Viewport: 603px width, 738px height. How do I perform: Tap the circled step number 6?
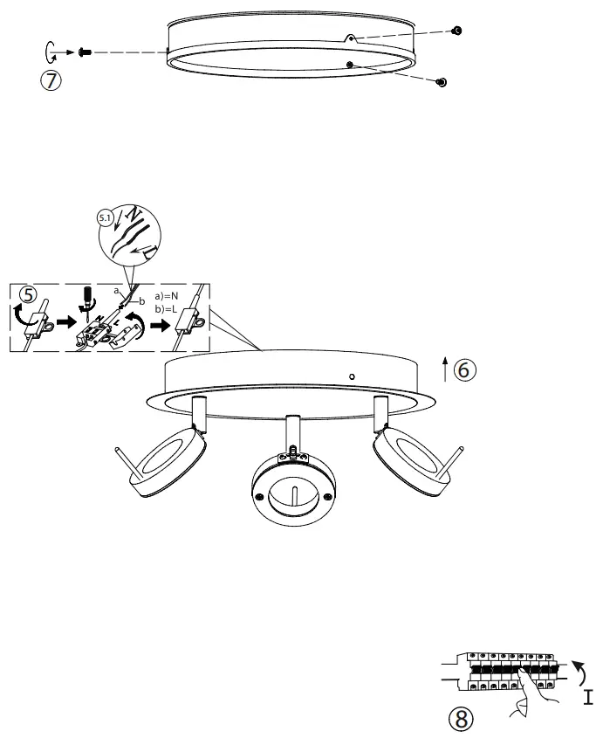463,369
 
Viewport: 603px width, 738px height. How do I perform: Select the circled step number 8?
461,718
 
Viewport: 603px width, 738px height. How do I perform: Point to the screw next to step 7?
85,53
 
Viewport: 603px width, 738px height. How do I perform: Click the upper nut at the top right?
456,31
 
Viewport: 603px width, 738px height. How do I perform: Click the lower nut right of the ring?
442,81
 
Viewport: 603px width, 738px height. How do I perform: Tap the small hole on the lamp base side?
351,376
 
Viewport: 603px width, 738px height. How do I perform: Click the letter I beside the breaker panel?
588,697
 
